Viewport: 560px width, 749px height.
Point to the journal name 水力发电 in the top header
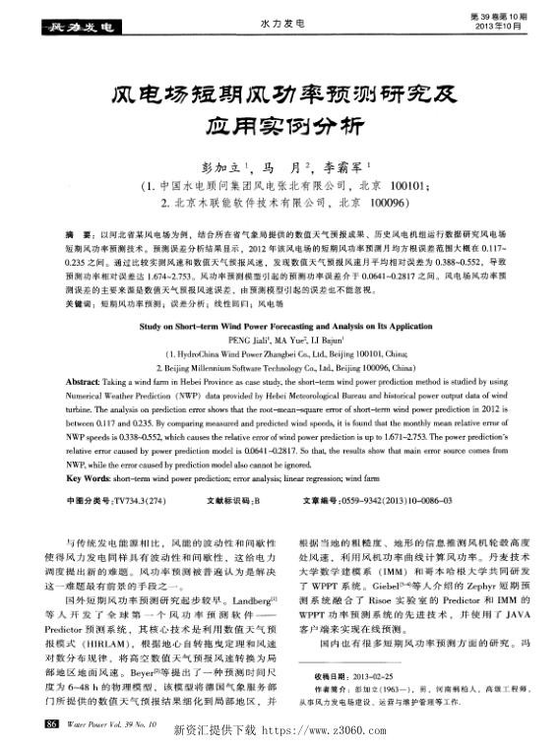280,21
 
